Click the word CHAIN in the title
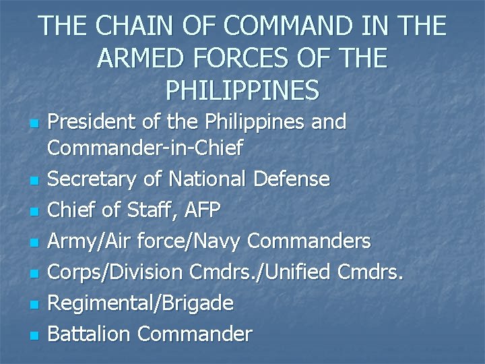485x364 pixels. click(x=124, y=26)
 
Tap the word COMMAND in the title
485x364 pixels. click(x=265, y=26)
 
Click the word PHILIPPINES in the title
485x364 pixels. click(x=242, y=89)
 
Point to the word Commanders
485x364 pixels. click(x=309, y=241)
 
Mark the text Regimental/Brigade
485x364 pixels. click(x=142, y=303)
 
